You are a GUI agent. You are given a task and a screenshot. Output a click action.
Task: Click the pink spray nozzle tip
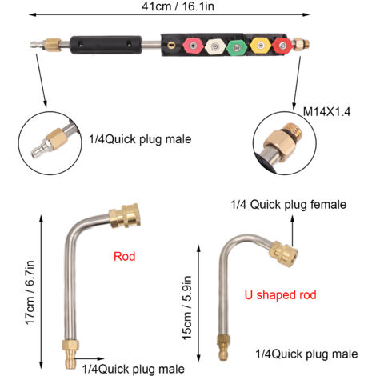coord(192,46)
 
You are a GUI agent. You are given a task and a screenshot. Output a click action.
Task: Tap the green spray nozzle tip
coord(236,48)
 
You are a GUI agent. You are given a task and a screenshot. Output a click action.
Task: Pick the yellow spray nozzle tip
coord(261,46)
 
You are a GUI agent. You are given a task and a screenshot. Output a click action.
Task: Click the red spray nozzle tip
coord(282,46)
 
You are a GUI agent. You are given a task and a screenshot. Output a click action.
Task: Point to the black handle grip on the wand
coord(106,46)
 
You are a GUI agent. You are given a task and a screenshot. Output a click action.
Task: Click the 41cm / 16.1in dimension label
coord(178,6)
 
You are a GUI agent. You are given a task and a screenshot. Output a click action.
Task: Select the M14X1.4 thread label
coord(326,112)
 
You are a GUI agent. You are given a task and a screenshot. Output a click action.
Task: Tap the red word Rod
coord(125,256)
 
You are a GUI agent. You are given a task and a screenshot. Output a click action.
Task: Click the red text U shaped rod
coord(280,295)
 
